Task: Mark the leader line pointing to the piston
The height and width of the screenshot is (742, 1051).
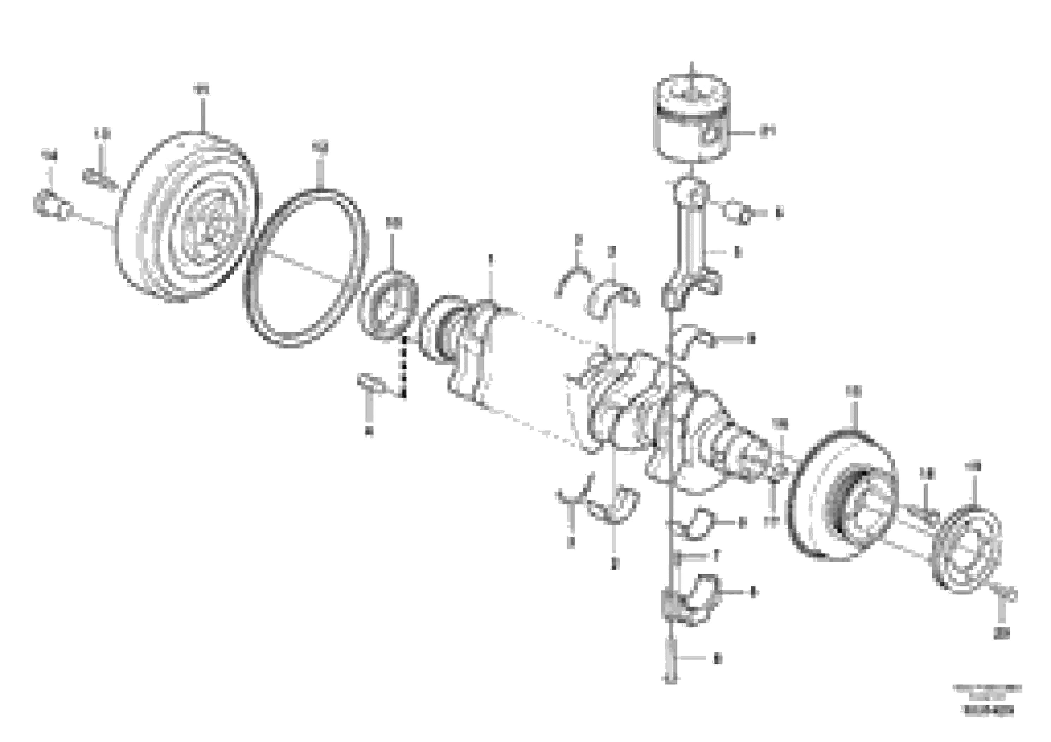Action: [x=744, y=133]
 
